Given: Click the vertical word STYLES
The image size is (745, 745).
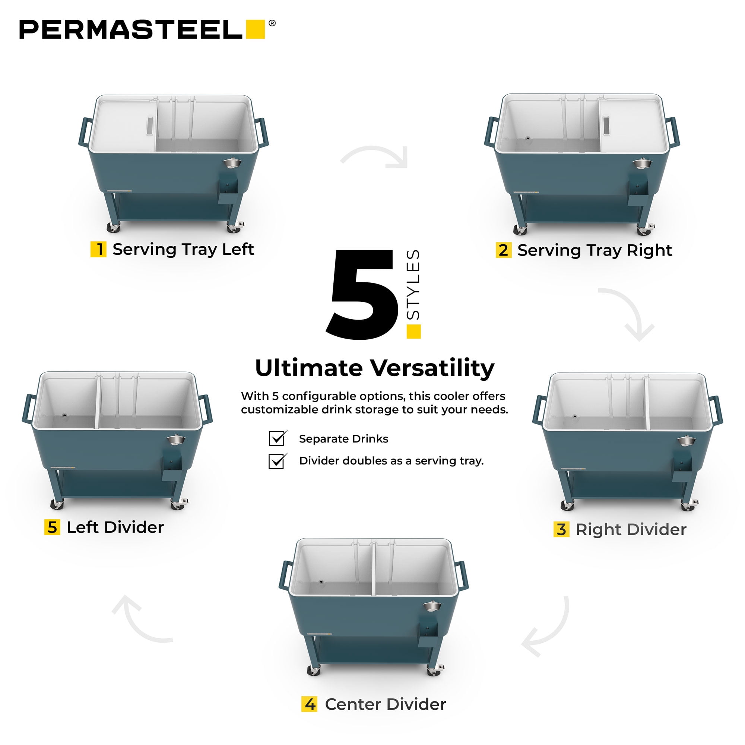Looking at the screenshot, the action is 413,285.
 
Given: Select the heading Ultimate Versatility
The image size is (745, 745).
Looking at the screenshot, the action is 374,368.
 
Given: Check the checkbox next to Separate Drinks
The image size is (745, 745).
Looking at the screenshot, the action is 277,438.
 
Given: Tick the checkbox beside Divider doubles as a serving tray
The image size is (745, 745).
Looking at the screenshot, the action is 277,461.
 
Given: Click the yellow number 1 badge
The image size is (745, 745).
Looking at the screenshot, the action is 98,249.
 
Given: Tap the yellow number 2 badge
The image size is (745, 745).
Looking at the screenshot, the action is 504,250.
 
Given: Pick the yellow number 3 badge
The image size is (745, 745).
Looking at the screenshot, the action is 561,529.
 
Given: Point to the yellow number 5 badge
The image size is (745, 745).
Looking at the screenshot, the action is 52,527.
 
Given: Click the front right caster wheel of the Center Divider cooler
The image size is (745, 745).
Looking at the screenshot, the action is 435,670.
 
